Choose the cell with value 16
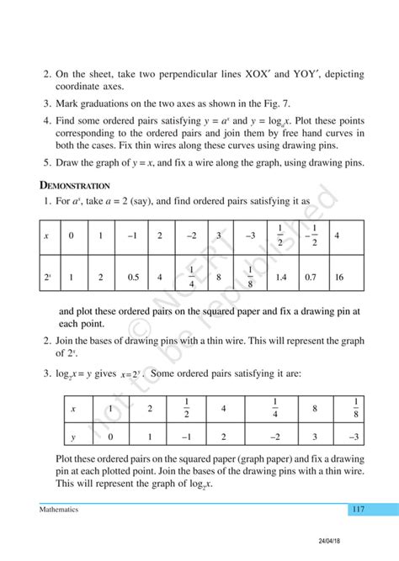pyautogui.click(x=338, y=275)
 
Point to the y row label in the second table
pyautogui.click(x=73, y=437)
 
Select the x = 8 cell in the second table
pyautogui.click(x=313, y=409)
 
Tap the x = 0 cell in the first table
pyautogui.click(x=73, y=236)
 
